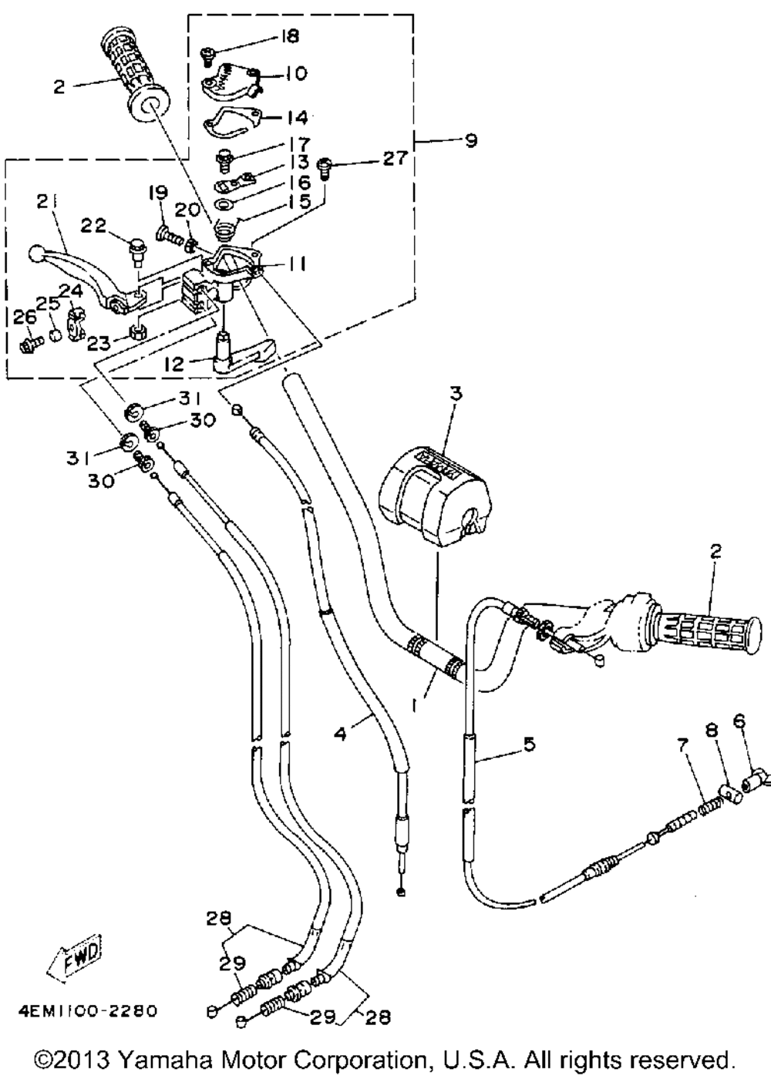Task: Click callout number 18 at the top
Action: pos(289,37)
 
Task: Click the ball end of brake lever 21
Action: pos(38,254)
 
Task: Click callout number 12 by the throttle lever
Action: pos(174,364)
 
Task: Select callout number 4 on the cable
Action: pos(341,734)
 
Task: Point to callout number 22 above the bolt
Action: pos(93,226)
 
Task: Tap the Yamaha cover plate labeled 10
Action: pos(230,83)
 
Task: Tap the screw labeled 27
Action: pos(324,170)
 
